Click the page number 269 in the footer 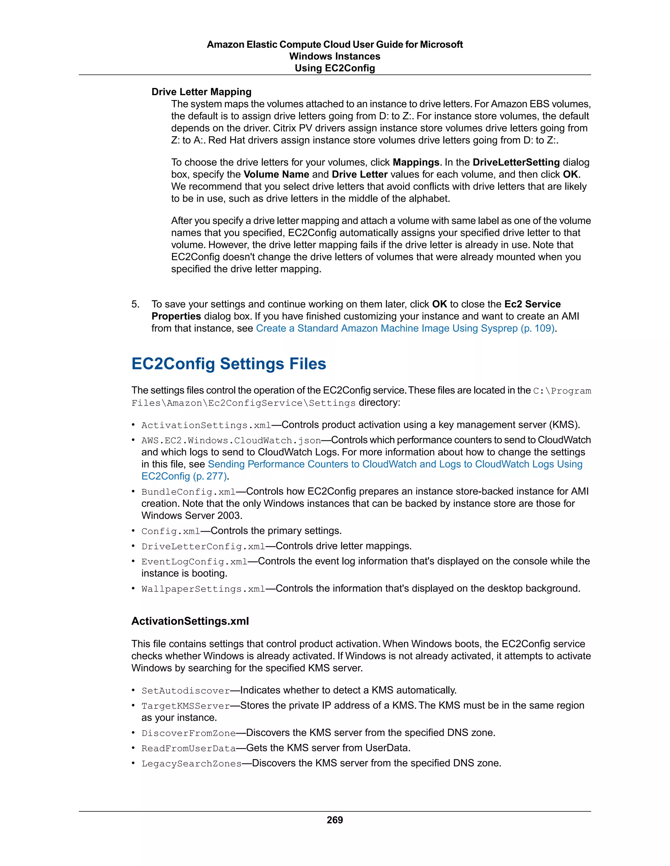coord(335,820)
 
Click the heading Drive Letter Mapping coord(201,92)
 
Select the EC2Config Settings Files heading coord(229,364)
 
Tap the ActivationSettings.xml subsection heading coord(190,621)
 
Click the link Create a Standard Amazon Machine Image coord(405,328)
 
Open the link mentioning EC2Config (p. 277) coord(184,476)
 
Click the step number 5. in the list coord(135,304)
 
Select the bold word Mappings coord(415,162)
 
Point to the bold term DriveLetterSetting coord(516,162)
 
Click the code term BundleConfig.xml coord(188,492)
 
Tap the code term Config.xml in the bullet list coord(171,531)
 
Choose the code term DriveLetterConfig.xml coord(203,546)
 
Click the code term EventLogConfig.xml coord(194,562)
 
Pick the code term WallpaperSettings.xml coord(203,589)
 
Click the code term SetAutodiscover coord(185,691)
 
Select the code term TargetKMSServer coord(185,706)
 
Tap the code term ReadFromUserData coord(188,749)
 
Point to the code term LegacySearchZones coord(191,764)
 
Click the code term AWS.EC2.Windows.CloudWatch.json coord(231,441)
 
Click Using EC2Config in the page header coord(335,68)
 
